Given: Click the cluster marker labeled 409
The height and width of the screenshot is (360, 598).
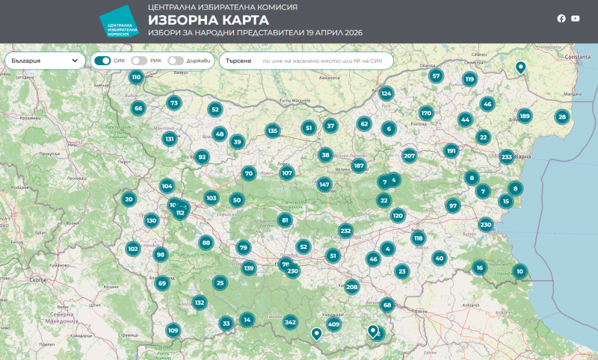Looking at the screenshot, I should click(x=333, y=324).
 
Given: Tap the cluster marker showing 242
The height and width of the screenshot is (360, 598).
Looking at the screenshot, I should click(x=290, y=322).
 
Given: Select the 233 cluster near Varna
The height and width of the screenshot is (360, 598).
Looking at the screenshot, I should click(x=506, y=156).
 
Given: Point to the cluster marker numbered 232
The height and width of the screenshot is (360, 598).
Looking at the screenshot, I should click(x=345, y=231).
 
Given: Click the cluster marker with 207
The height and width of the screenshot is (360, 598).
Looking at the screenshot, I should click(x=409, y=155).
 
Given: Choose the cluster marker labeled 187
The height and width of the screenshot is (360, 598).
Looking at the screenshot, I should click(x=359, y=166).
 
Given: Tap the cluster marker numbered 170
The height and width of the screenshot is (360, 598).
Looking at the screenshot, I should click(x=426, y=113).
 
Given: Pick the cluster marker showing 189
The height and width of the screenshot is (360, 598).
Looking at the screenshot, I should click(x=525, y=115).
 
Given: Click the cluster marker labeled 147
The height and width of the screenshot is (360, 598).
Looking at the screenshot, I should click(x=324, y=184).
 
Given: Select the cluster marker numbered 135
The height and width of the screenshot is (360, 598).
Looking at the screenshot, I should click(x=272, y=131).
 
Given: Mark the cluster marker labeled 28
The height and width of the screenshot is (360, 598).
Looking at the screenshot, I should click(x=562, y=116).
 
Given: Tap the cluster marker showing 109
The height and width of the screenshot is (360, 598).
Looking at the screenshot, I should click(x=173, y=330).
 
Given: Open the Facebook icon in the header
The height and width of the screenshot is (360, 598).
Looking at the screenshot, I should click(x=561, y=19).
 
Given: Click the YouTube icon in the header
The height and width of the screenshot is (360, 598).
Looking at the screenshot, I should click(x=576, y=19).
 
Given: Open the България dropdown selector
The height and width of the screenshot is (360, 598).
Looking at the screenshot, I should click(x=45, y=60).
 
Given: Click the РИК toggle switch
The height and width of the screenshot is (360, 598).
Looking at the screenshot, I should click(x=138, y=60).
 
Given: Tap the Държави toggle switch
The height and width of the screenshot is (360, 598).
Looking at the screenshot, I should click(x=176, y=60).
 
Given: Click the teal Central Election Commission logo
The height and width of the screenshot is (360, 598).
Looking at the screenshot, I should click(x=120, y=22).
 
